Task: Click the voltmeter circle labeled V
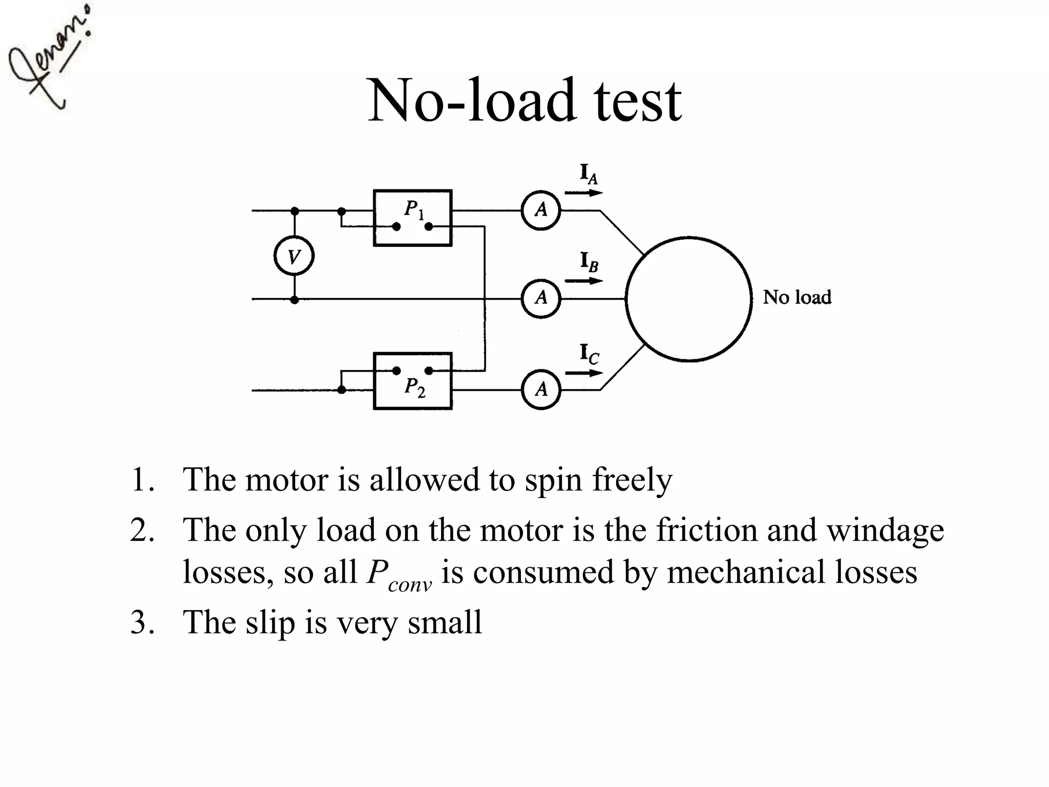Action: pos(293,256)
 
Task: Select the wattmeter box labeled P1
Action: pos(412,218)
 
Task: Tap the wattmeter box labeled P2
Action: pos(412,381)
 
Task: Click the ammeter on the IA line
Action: pos(541,210)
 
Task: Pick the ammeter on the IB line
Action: pos(541,298)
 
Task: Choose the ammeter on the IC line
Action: pos(541,390)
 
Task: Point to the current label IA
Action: pos(589,175)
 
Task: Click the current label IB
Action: pos(589,262)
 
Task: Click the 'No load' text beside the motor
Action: pos(796,298)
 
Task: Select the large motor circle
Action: pos(688,299)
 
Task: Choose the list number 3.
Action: pos(141,623)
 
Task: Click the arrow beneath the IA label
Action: pos(584,193)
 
